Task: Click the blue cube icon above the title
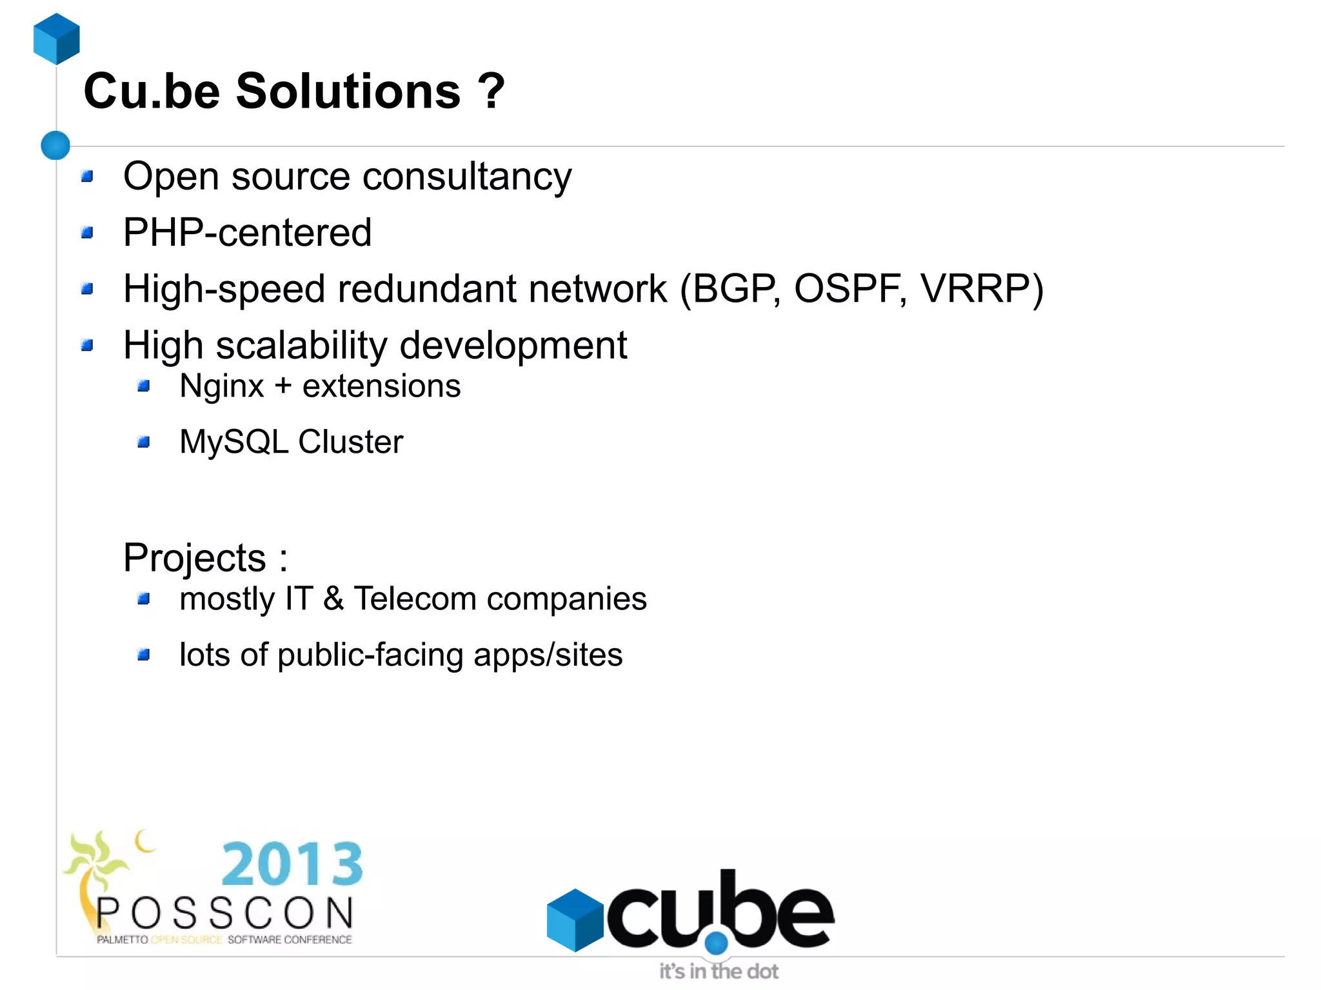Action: pyautogui.click(x=57, y=39)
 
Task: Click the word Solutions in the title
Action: pyautogui.click(x=348, y=91)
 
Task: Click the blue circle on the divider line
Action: pyautogui.click(x=55, y=145)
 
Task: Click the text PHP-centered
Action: pyautogui.click(x=247, y=232)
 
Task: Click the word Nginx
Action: pyautogui.click(x=221, y=386)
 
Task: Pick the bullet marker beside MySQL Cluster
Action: pyautogui.click(x=144, y=442)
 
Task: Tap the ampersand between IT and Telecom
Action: pyautogui.click(x=333, y=599)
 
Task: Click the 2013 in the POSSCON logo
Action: pyautogui.click(x=292, y=864)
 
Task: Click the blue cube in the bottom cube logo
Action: pyautogui.click(x=575, y=920)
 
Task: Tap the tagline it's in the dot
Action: pyautogui.click(x=719, y=971)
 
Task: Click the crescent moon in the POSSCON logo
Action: pyautogui.click(x=145, y=841)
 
